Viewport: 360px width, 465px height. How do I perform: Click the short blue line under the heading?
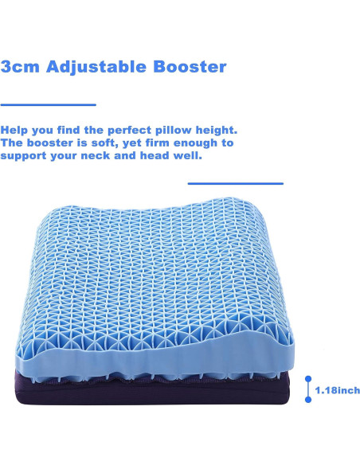pos(48,104)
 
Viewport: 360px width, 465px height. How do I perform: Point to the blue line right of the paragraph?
pos(236,183)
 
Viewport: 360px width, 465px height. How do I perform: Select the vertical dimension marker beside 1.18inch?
pos(307,391)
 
